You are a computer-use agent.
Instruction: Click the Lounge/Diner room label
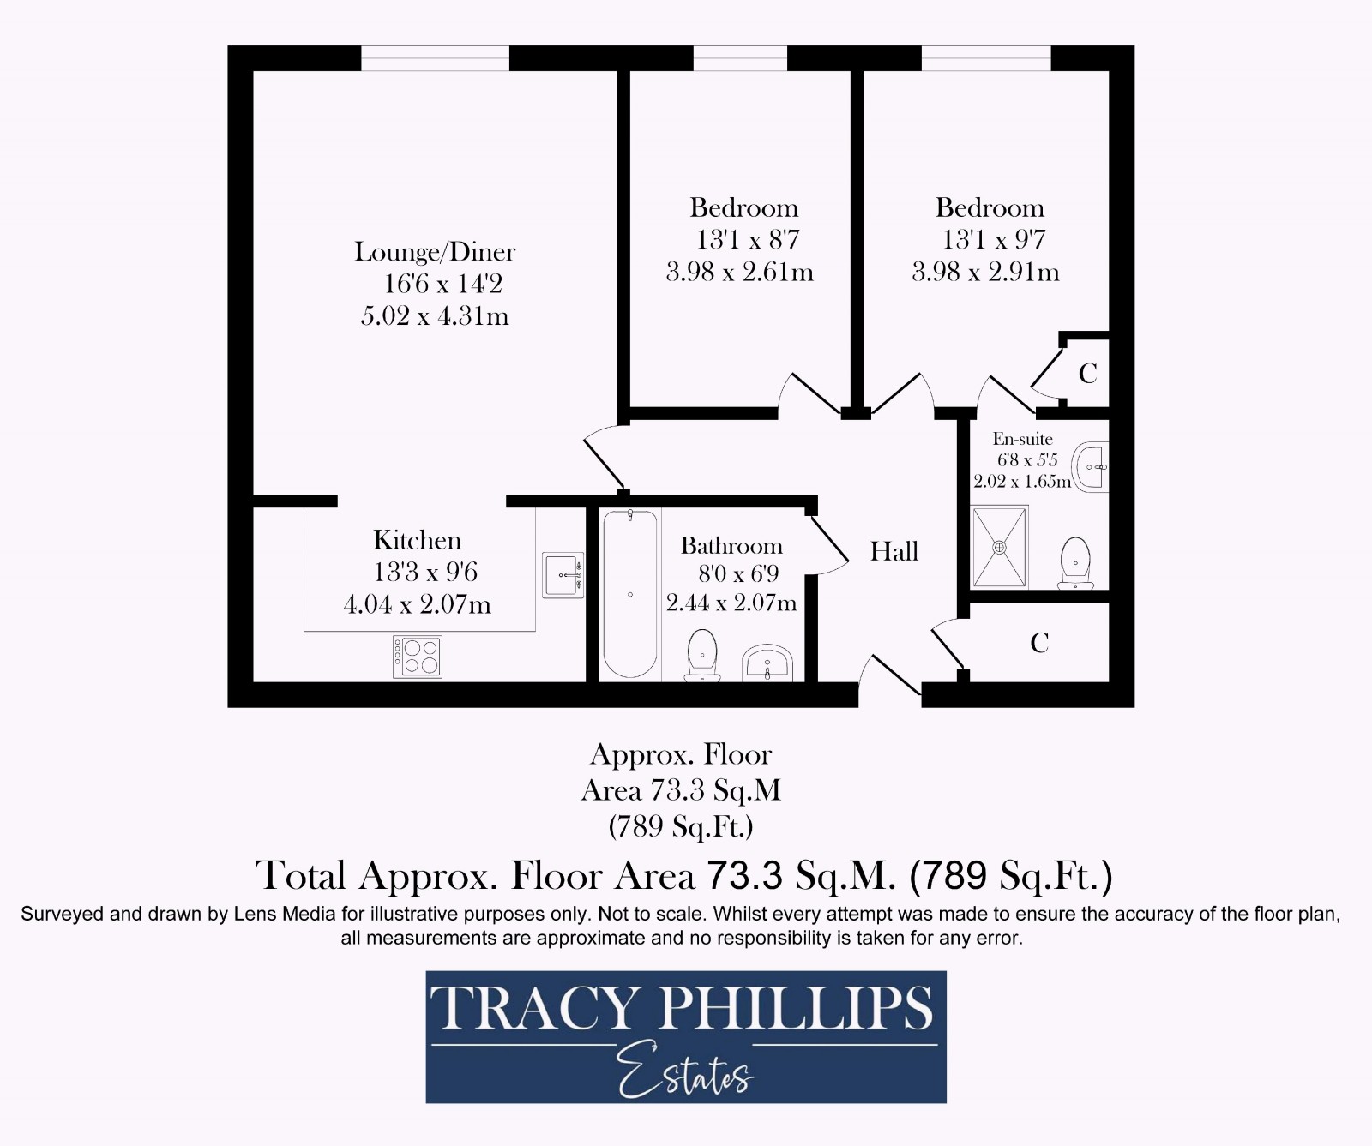435,252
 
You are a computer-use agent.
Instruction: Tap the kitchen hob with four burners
417,657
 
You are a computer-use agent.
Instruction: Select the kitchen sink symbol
563,575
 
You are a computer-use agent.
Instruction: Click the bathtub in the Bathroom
629,594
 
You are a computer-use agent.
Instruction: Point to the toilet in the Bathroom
702,657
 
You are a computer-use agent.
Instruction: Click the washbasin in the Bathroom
767,663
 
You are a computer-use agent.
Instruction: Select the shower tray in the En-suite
999,547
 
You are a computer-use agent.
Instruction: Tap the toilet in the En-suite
1075,563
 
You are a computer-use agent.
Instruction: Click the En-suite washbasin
1092,467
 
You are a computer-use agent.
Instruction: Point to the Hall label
894,551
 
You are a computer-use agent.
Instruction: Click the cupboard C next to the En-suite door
1087,374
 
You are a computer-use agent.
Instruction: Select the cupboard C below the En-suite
1039,643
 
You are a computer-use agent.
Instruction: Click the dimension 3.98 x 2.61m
739,273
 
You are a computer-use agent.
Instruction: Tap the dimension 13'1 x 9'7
993,240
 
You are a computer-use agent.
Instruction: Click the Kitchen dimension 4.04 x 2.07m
417,605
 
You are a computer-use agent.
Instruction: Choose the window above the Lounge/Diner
435,58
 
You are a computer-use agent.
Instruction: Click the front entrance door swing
892,677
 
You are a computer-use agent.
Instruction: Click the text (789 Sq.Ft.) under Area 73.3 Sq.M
681,826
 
